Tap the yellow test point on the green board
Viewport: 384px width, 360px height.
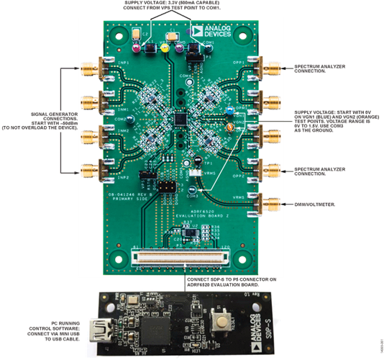tap(165, 48)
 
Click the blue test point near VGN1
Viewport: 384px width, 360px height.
tap(228, 112)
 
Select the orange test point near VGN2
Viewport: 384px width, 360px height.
tap(229, 128)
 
